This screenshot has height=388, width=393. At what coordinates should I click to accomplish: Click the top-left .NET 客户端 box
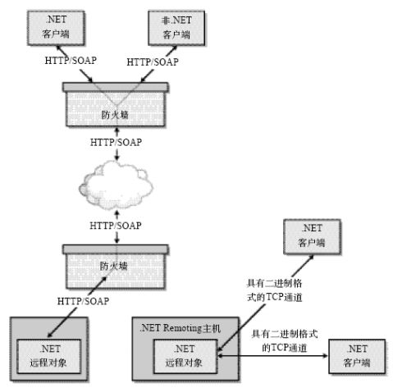tap(56, 28)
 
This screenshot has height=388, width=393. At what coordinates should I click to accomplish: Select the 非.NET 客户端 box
tap(176, 28)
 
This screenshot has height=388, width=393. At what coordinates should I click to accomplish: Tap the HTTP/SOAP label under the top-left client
tap(71, 61)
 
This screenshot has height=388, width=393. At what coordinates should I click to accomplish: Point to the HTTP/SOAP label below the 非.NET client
tap(153, 62)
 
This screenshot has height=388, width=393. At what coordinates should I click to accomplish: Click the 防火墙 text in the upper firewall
tap(115, 115)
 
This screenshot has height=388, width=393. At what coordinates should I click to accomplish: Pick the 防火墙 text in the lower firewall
tap(113, 266)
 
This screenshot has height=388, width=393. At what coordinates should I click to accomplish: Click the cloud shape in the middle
tap(116, 185)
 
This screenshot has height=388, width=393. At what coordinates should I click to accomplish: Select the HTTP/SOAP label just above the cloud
tap(116, 143)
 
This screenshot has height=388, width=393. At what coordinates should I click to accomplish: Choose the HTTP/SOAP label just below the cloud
tap(116, 226)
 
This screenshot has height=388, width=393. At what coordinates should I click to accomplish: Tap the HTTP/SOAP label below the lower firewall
tap(83, 301)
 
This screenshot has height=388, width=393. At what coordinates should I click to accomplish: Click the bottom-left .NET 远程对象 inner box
tap(48, 356)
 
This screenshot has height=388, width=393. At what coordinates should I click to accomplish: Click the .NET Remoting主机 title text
tap(180, 328)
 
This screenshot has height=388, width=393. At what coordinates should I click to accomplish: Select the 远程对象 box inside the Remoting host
tap(185, 356)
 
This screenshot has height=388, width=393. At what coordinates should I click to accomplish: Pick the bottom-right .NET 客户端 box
tap(357, 356)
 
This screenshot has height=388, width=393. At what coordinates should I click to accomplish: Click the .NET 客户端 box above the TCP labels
tap(312, 236)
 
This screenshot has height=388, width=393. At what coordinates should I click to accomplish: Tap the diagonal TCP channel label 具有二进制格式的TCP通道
tap(274, 290)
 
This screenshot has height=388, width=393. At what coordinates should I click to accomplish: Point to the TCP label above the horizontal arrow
tap(285, 340)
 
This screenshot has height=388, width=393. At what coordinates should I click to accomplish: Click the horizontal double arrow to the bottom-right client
tap(272, 356)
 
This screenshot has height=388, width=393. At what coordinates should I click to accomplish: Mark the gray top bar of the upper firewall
tap(116, 87)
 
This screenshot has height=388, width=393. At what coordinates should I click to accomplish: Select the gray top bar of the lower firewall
tap(116, 249)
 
